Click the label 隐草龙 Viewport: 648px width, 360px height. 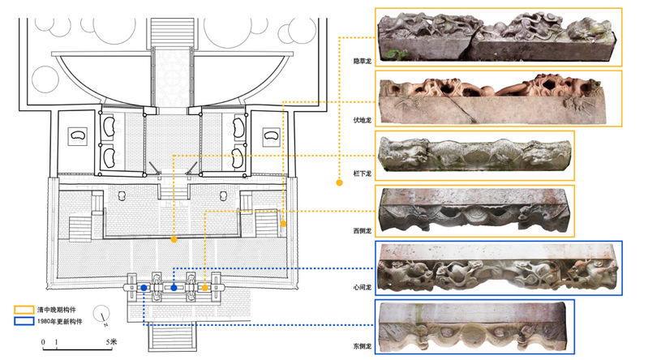click(362, 61)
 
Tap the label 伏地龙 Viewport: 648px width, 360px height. click(362, 120)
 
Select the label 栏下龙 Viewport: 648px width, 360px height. click(362, 174)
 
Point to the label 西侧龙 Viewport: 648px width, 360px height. click(362, 230)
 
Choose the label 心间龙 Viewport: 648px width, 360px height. click(362, 287)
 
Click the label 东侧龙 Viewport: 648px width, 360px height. click(362, 346)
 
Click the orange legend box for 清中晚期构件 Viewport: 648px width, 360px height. click(24, 310)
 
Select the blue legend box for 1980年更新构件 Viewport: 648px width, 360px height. click(24, 321)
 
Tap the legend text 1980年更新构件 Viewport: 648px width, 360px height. click(59, 321)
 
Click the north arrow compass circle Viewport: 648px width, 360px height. click(101, 314)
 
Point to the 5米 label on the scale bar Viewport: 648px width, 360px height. click(111, 342)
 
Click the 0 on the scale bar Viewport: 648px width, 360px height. click(43, 342)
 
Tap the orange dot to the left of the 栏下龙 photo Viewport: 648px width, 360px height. click(339, 182)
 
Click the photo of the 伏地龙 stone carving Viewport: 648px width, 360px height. click(492, 99)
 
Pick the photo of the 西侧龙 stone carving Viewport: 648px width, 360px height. click(474, 210)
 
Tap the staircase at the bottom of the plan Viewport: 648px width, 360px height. click(172, 336)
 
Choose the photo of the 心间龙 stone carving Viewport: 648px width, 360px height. click(499, 268)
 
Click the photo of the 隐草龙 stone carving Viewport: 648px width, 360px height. click(495, 37)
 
